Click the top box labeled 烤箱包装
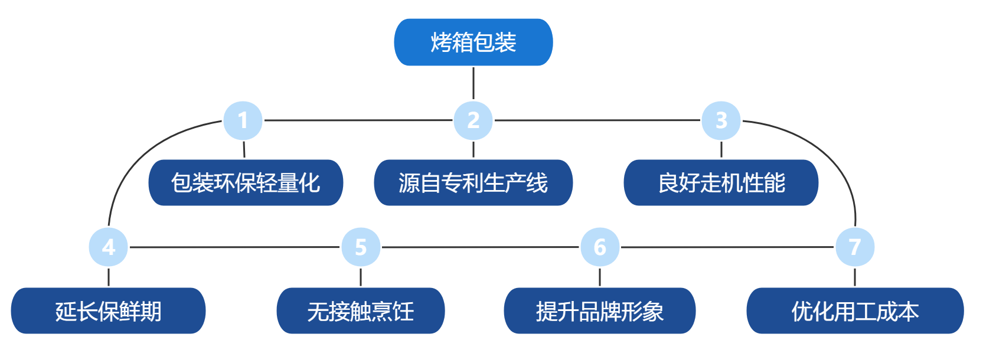[x=473, y=42]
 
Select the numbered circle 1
[x=243, y=120]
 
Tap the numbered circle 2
[x=473, y=120]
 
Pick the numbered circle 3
[x=721, y=120]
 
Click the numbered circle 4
[x=108, y=247]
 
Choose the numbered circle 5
[x=361, y=247]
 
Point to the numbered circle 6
[x=600, y=247]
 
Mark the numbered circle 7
[x=855, y=247]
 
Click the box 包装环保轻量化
[x=246, y=183]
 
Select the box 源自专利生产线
[x=473, y=183]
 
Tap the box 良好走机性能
[x=721, y=183]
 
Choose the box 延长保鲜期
[x=108, y=311]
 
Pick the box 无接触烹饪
[x=361, y=311]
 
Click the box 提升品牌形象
[x=600, y=311]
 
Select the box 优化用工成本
[x=855, y=311]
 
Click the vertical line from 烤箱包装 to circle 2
[x=473, y=83]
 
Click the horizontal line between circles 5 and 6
[x=480, y=247]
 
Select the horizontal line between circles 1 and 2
[x=358, y=120]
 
